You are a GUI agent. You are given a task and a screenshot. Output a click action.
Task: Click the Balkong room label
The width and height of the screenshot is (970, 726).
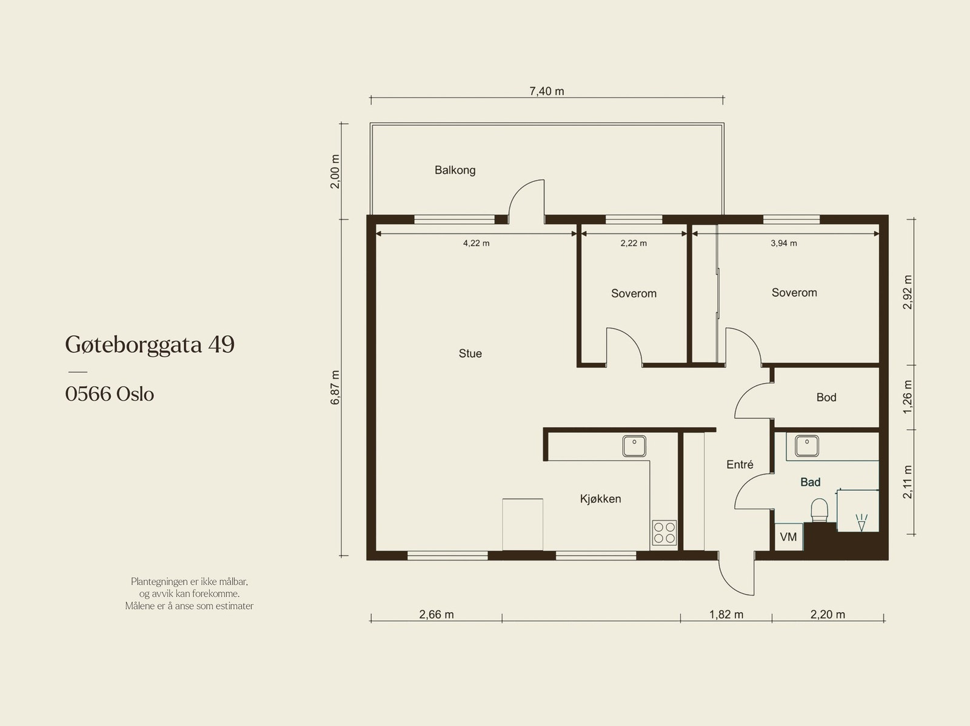[455, 170]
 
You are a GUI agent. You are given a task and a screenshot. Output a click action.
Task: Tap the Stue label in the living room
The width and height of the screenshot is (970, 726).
[470, 353]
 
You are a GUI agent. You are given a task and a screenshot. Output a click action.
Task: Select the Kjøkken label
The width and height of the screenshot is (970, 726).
[601, 499]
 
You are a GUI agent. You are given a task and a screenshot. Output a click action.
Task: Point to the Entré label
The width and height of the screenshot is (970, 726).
[740, 464]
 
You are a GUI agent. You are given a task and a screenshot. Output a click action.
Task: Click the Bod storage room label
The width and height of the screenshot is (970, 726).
[826, 398]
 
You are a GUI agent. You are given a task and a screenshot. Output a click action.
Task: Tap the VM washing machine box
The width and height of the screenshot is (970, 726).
[789, 537]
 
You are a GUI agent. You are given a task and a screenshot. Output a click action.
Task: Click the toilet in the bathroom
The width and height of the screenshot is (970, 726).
[819, 511]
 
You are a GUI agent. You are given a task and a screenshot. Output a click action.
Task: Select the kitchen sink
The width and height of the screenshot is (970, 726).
[634, 446]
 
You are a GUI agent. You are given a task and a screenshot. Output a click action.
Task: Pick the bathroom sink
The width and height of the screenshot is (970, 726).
[807, 446]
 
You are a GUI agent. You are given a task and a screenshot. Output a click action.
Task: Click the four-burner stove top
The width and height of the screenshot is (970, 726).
[664, 533]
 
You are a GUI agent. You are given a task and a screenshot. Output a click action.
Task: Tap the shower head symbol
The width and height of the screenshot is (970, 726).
[861, 522]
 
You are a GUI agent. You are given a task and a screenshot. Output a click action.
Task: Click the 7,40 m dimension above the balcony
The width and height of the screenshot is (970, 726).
[547, 92]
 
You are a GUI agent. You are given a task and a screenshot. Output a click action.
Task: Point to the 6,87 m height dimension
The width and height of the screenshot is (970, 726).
[335, 387]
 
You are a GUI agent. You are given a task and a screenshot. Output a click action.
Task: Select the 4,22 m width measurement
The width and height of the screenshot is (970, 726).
[477, 243]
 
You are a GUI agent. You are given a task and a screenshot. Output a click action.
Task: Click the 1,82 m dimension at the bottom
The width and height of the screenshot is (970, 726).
[726, 614]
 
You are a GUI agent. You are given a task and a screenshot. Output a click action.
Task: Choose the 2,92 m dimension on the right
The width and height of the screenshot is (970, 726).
[907, 292]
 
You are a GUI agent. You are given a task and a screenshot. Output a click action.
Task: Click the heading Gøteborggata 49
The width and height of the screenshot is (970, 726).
[150, 345]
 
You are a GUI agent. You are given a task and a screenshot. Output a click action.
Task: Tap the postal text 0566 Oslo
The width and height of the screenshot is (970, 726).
[110, 394]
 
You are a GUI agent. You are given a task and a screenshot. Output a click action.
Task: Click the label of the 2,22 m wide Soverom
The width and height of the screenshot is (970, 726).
[634, 294]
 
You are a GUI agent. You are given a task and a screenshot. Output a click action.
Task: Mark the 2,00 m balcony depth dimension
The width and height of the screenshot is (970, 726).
[335, 172]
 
